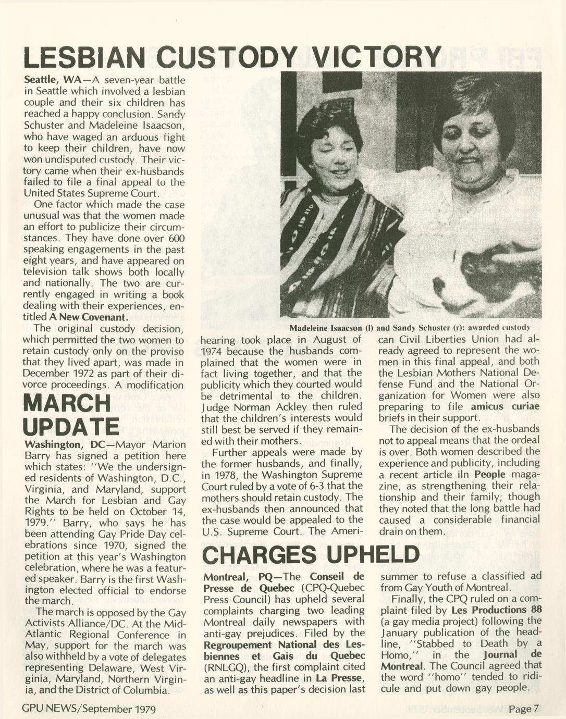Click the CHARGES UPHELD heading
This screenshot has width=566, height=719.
pyautogui.click(x=310, y=554)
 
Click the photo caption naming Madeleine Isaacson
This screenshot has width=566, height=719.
pyautogui.click(x=410, y=328)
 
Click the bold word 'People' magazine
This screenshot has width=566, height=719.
pyautogui.click(x=489, y=474)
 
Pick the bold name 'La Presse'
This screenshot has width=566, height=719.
pyautogui.click(x=339, y=678)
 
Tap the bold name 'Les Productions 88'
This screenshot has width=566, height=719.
pyautogui.click(x=496, y=610)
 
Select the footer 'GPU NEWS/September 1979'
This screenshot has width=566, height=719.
pyautogui.click(x=89, y=709)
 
